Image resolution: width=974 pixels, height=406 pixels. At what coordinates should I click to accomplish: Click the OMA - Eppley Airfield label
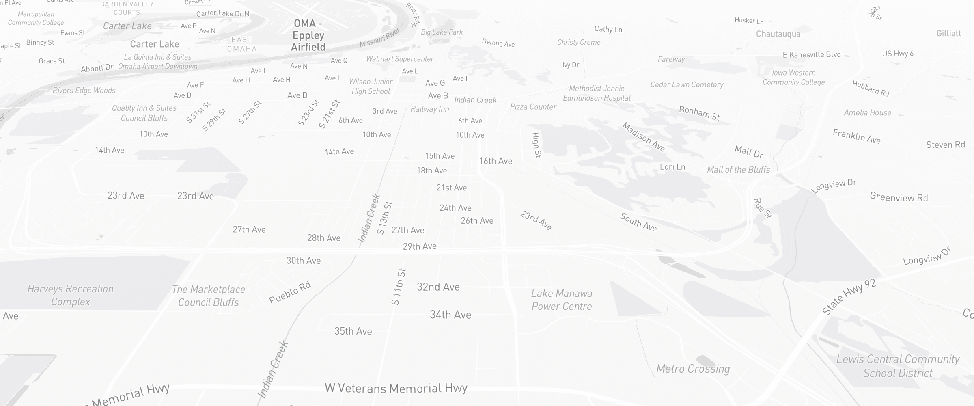tap(308, 35)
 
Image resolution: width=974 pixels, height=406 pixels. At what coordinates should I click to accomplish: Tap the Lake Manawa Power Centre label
tap(562, 300)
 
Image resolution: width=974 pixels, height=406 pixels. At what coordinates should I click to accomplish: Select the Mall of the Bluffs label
tap(738, 170)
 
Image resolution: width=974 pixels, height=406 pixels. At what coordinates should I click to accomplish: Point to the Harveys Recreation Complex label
tap(70, 295)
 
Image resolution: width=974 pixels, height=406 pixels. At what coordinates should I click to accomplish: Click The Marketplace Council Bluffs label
tap(209, 296)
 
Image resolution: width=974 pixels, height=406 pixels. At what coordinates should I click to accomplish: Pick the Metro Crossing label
tap(693, 369)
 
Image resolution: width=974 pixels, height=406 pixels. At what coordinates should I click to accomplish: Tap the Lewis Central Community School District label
tap(898, 366)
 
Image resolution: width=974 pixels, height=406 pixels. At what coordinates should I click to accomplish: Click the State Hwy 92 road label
tap(849, 297)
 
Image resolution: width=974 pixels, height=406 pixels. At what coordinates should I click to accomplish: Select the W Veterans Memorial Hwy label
tap(396, 388)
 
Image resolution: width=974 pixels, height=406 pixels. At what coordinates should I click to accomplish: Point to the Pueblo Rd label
tap(290, 292)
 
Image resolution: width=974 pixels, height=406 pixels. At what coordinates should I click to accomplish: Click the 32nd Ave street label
tap(438, 287)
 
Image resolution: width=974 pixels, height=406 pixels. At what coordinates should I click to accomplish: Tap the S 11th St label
tap(398, 287)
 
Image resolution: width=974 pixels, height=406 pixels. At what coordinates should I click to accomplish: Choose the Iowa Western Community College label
tap(793, 77)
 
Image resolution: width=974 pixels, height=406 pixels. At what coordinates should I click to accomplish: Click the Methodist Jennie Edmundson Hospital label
tap(597, 93)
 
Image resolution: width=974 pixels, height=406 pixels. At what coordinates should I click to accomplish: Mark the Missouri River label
tap(380, 37)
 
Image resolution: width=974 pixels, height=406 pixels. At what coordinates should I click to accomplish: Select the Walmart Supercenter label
tap(400, 59)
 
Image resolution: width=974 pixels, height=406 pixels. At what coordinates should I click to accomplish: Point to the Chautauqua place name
tap(778, 34)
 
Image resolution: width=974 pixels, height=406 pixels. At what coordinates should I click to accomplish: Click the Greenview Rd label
tap(899, 198)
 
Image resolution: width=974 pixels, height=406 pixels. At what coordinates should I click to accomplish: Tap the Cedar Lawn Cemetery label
tap(687, 84)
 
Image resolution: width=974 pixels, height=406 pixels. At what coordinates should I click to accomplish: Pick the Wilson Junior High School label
tap(371, 86)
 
